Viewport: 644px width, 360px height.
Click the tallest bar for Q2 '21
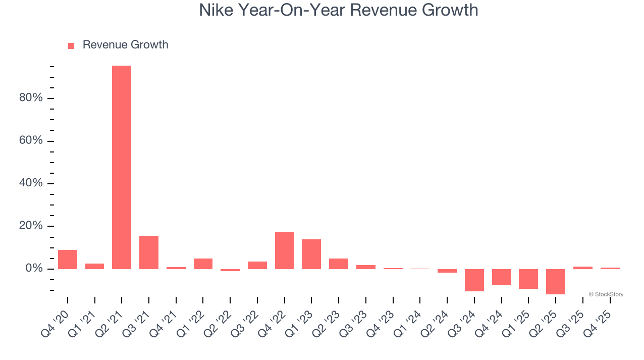(x=122, y=167)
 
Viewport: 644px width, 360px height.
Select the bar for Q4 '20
(x=68, y=259)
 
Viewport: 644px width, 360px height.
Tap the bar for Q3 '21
(x=149, y=252)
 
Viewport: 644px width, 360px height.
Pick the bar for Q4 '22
(x=285, y=250)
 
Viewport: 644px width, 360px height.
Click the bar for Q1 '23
(x=311, y=254)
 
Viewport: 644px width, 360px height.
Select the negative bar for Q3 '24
(x=474, y=280)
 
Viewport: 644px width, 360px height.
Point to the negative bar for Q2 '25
(x=556, y=281)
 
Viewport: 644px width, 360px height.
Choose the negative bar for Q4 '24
(x=502, y=277)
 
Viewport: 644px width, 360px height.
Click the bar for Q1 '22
(x=203, y=264)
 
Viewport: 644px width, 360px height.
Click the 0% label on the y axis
(x=33, y=268)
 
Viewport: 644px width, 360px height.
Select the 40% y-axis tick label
(x=31, y=183)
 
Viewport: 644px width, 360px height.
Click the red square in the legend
(x=71, y=45)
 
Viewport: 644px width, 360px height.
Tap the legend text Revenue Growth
(x=125, y=45)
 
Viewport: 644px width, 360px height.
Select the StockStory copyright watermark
(x=606, y=294)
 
